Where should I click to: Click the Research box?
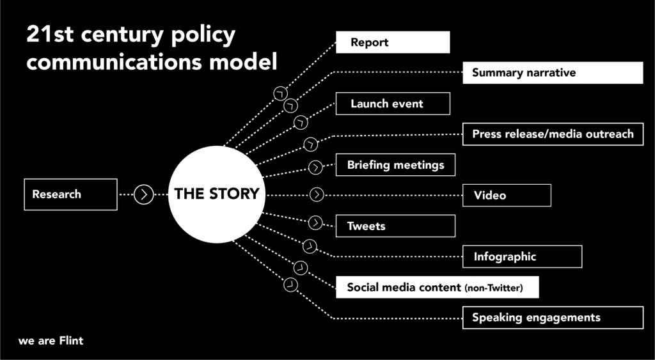coord(70,194)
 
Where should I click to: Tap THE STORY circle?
coord(217,194)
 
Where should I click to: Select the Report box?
coord(393,43)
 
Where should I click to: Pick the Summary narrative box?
coord(553,73)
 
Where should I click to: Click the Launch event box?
coord(393,104)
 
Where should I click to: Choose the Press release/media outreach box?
coord(553,134)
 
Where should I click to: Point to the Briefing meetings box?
coord(395,165)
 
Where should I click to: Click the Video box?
coord(507,195)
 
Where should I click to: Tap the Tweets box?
coord(395,226)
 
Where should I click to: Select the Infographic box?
coord(522,256)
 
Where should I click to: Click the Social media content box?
coord(437,287)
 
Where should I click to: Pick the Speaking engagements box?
coord(553,317)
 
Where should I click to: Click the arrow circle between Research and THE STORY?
coord(144,194)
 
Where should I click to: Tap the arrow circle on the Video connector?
coord(317,194)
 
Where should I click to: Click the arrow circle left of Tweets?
coord(315,223)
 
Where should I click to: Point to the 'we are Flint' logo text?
coord(51,341)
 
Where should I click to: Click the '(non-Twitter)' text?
coord(494,288)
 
